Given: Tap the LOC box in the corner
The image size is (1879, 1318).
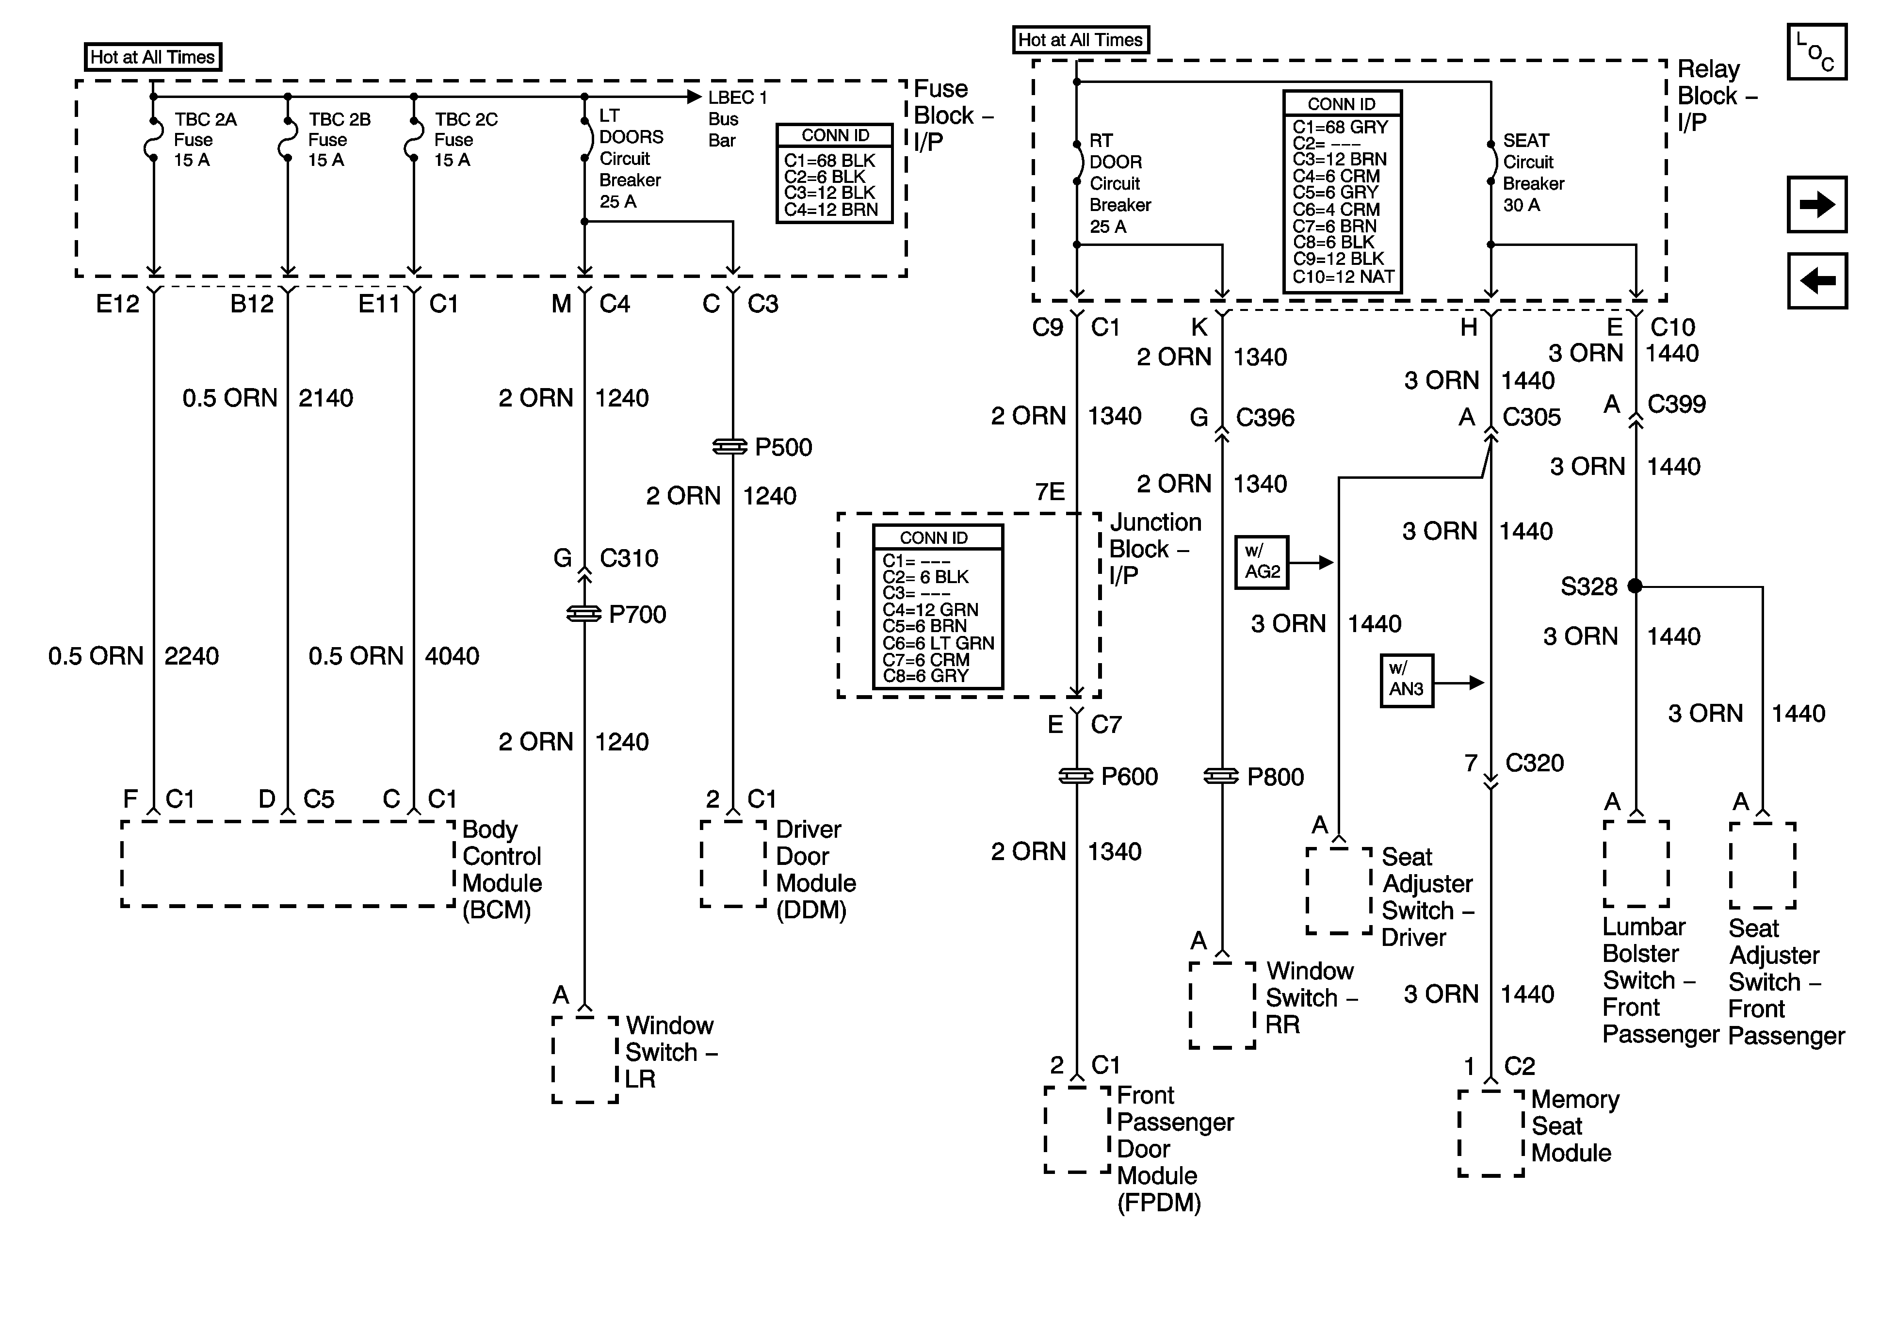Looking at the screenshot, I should (x=1816, y=51).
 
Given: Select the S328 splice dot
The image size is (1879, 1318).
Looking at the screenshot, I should (x=1635, y=586).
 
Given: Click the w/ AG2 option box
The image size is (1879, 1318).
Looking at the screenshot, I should (x=1261, y=562).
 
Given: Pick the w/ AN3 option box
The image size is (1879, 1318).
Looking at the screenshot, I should (x=1406, y=680).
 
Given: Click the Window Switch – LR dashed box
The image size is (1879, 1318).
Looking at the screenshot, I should (x=584, y=1059).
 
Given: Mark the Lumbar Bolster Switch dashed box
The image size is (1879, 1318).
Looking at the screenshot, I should (x=1635, y=863).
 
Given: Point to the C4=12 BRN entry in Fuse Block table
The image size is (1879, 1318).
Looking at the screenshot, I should (x=831, y=210).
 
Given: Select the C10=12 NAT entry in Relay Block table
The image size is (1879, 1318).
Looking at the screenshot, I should (x=1342, y=277).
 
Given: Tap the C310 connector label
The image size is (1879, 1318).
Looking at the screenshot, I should (x=629, y=558).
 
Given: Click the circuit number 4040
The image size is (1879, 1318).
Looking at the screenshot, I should (x=452, y=656).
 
